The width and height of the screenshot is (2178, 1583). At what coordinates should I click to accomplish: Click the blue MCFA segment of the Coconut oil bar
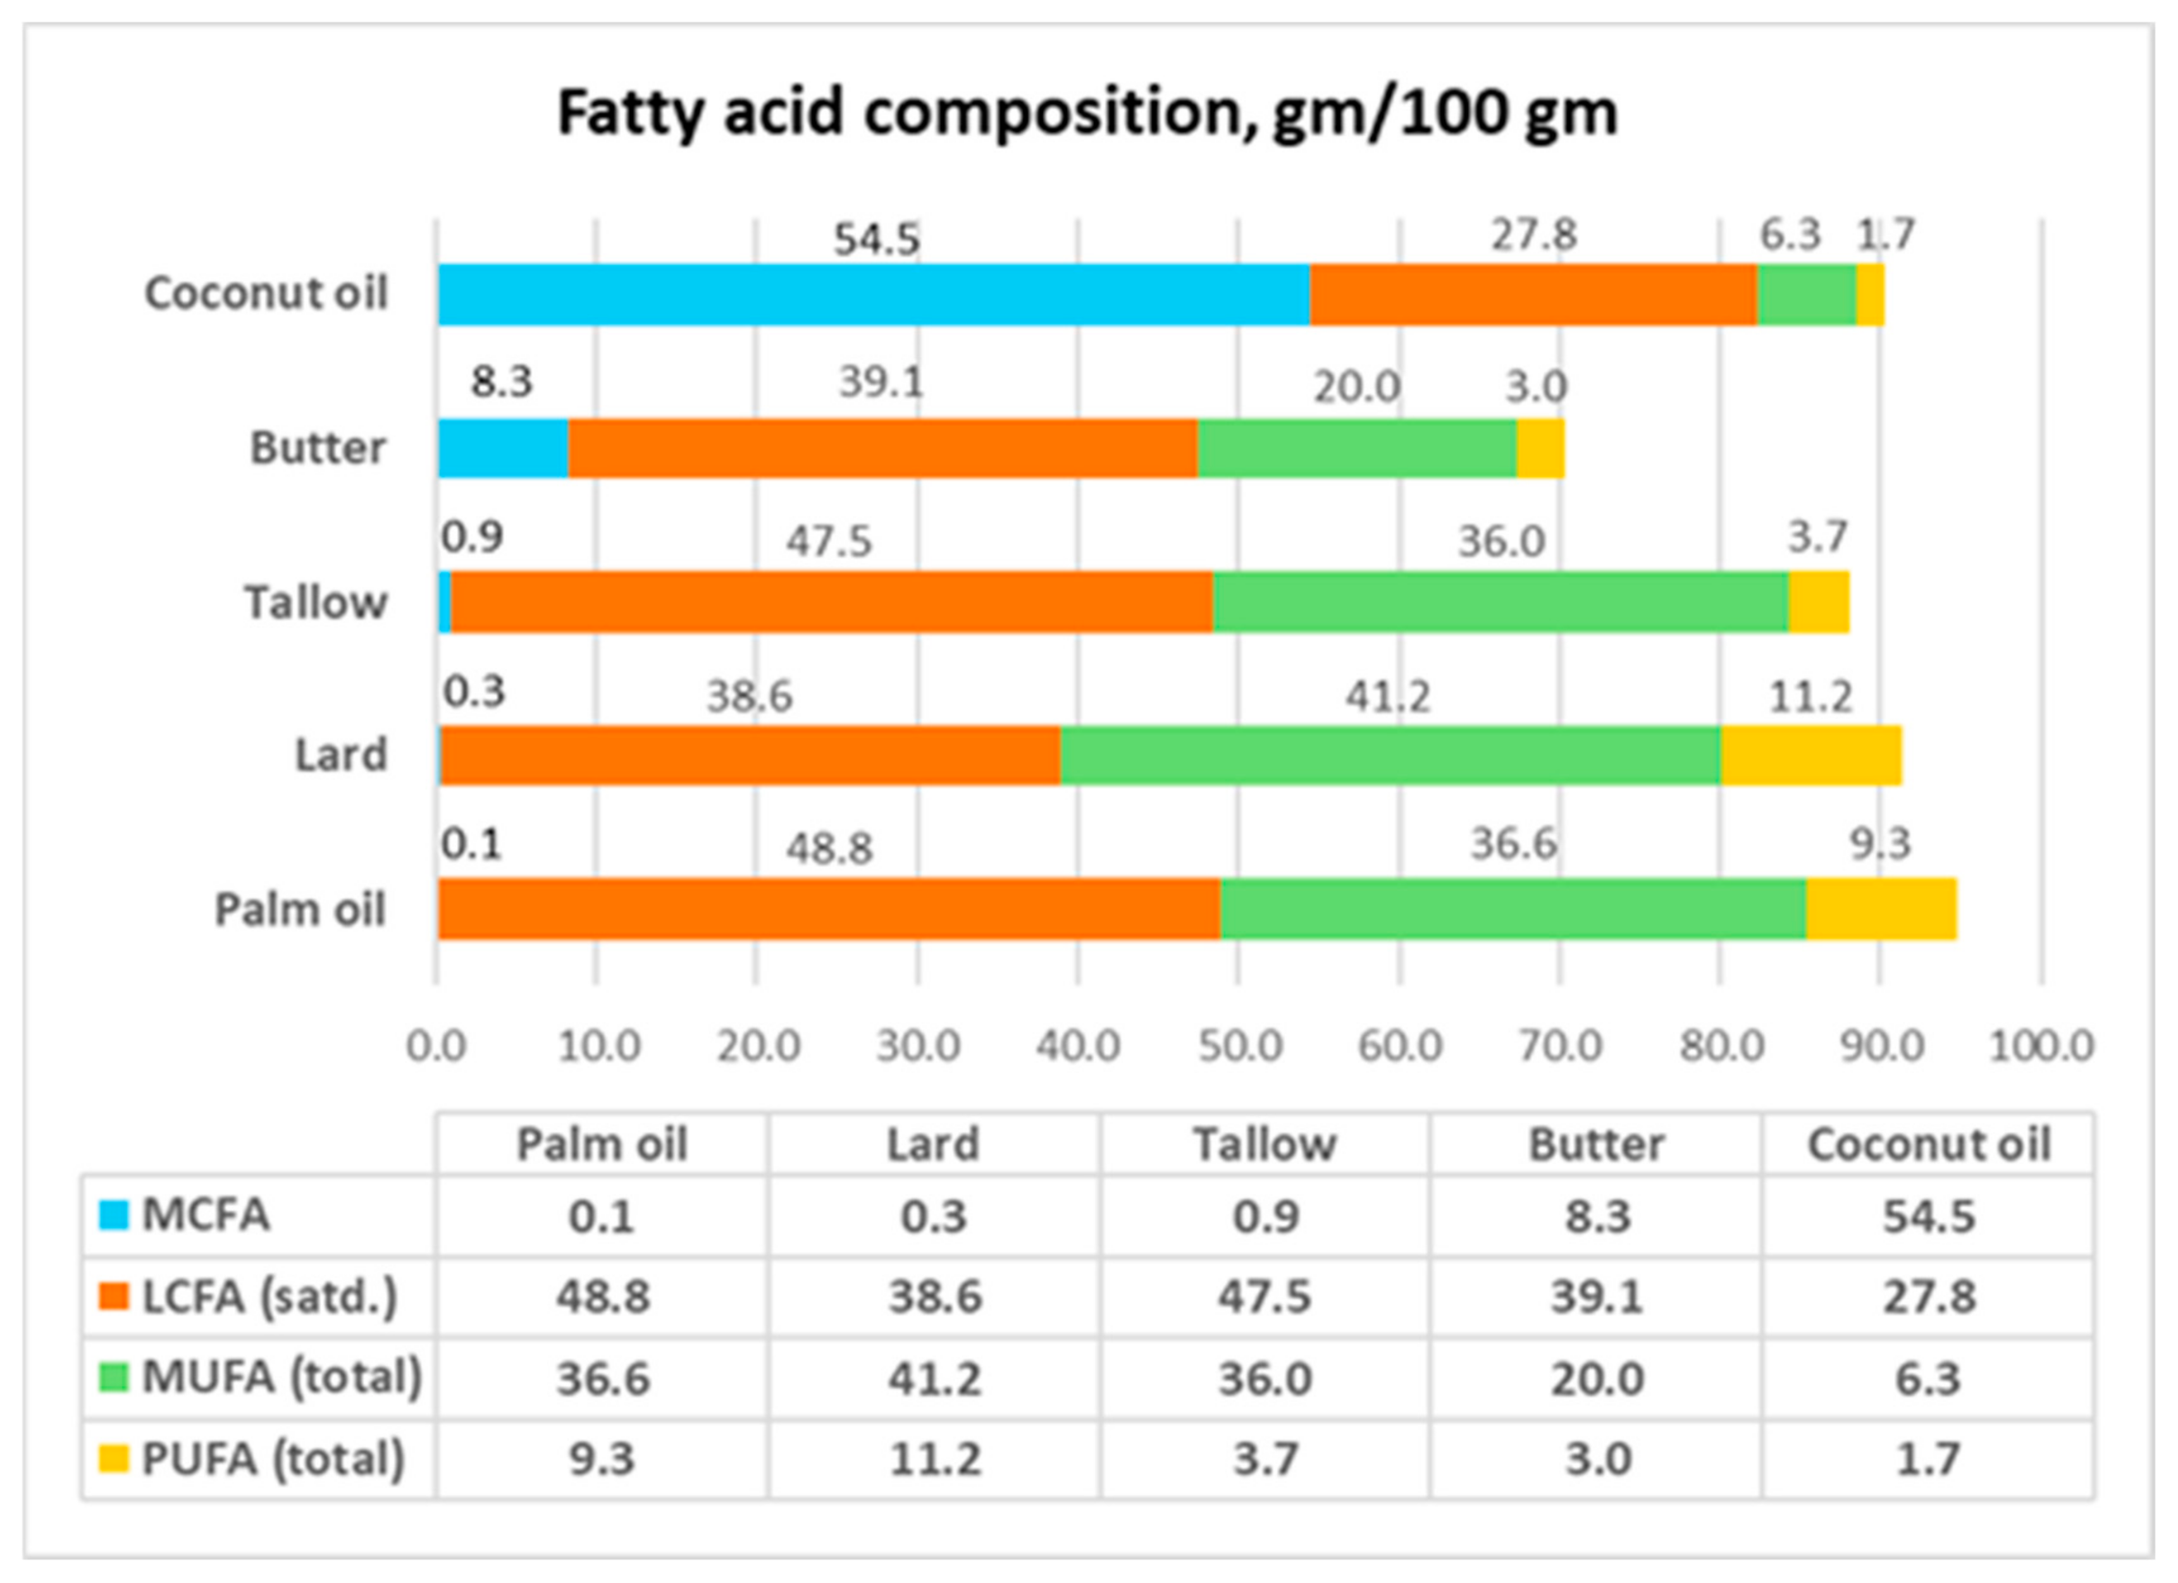tap(874, 295)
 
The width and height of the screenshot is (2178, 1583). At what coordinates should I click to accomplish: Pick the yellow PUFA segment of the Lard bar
tap(1810, 755)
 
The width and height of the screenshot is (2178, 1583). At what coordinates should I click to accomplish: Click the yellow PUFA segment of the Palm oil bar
tap(1880, 909)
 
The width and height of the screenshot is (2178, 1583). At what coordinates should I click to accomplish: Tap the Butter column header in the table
tap(1596, 1144)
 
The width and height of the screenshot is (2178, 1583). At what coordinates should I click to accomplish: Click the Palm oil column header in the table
tap(602, 1144)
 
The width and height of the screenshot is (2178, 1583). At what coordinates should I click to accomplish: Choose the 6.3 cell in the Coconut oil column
tap(1927, 1379)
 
